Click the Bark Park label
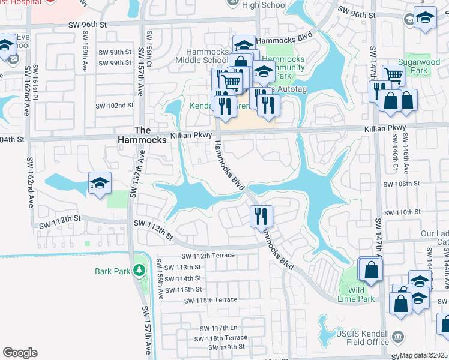(x=112, y=271)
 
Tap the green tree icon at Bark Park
(x=140, y=271)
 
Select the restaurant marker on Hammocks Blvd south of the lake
(x=261, y=216)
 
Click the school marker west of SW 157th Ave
(x=100, y=184)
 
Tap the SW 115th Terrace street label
(x=211, y=300)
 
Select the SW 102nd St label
(x=115, y=106)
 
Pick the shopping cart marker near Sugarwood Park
(x=394, y=76)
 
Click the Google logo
(x=20, y=353)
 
